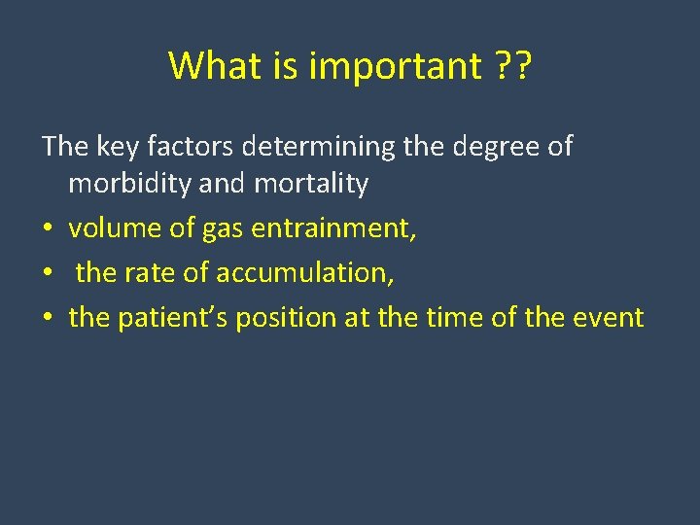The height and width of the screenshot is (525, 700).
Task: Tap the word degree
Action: (495, 148)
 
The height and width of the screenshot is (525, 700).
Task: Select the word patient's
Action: (179, 318)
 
